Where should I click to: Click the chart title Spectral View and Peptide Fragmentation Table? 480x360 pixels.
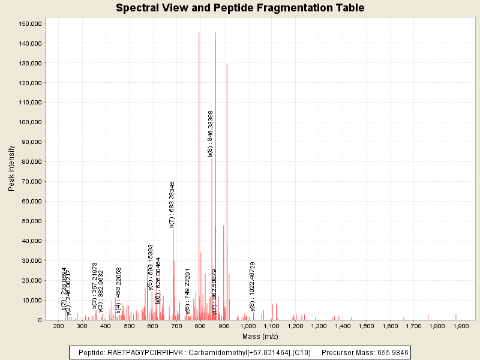[240, 8]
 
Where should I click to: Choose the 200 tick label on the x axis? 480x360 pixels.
[58, 326]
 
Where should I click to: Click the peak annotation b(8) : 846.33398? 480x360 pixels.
[211, 134]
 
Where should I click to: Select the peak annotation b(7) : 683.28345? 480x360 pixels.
[172, 205]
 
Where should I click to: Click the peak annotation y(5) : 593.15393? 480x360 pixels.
[151, 268]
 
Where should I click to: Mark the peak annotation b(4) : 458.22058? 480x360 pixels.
[119, 290]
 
